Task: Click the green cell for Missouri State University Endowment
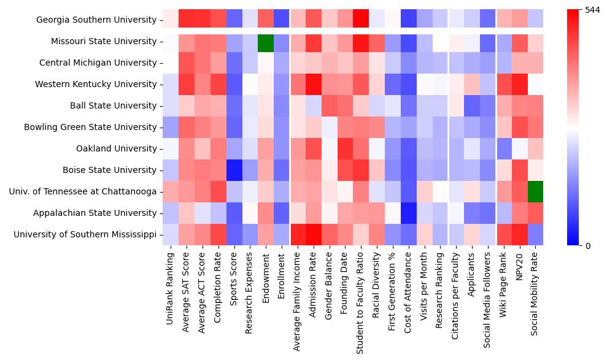(x=265, y=42)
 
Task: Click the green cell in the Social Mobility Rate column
(x=535, y=191)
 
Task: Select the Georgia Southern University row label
(x=96, y=20)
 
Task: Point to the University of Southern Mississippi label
(x=85, y=234)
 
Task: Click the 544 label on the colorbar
(x=593, y=10)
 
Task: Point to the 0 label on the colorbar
(x=588, y=246)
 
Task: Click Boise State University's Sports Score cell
(x=234, y=170)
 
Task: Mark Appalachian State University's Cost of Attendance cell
(x=408, y=213)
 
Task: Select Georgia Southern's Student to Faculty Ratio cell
(x=361, y=20)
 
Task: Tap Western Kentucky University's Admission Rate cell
(x=313, y=84)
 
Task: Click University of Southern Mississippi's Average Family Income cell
(x=297, y=234)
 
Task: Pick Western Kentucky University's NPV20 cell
(x=520, y=84)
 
